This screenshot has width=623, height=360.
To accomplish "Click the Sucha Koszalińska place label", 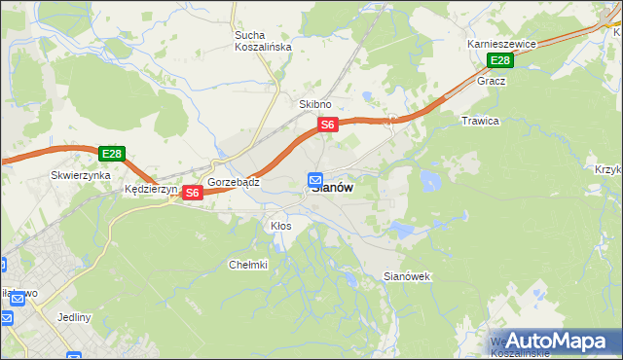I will (256, 41).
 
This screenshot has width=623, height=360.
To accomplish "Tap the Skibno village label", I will (315, 104).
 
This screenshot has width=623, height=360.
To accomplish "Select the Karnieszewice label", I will (501, 45).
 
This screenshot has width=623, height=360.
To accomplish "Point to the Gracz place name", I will (491, 81).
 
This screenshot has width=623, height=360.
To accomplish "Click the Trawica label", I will (479, 121).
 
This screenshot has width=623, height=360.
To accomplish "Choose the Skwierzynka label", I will (77, 176).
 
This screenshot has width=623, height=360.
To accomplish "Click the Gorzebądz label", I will (232, 182).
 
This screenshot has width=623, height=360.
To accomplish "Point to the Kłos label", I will (280, 226).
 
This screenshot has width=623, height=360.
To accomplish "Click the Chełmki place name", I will (247, 265).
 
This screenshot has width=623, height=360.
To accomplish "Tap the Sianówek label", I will (407, 276).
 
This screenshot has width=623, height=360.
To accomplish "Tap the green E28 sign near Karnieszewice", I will (499, 60).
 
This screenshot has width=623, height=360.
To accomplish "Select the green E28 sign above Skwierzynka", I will (111, 154).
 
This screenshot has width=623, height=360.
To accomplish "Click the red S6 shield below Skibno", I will (328, 125).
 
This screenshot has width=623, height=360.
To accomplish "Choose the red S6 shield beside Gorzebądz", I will (192, 193).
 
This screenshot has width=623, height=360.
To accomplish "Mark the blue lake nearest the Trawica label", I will (429, 180).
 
